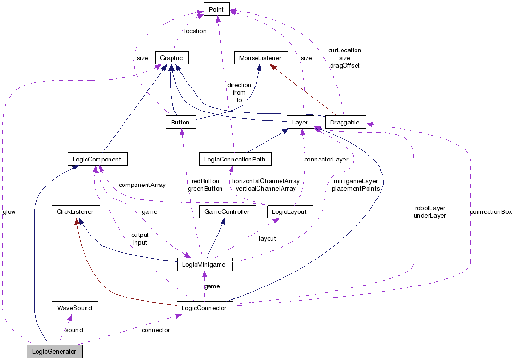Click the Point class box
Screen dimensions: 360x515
[217, 9]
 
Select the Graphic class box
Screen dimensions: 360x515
[172, 58]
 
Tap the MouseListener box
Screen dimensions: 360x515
[260, 58]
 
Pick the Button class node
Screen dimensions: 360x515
[180, 122]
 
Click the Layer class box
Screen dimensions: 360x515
[300, 122]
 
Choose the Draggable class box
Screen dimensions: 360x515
[345, 122]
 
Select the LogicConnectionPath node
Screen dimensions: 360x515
[235, 159]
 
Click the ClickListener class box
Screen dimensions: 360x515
[76, 211]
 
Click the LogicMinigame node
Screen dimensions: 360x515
[205, 264]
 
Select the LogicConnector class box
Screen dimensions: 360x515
[205, 308]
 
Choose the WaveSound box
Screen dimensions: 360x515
[74, 308]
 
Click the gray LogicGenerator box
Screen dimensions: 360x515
[54, 351]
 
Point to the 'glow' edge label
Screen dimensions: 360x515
[9, 211]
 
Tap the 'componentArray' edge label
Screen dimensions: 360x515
[142, 185]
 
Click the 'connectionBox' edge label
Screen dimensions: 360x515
[490, 211]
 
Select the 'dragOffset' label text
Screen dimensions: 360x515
[344, 65]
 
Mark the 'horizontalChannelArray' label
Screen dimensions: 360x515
[266, 181]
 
